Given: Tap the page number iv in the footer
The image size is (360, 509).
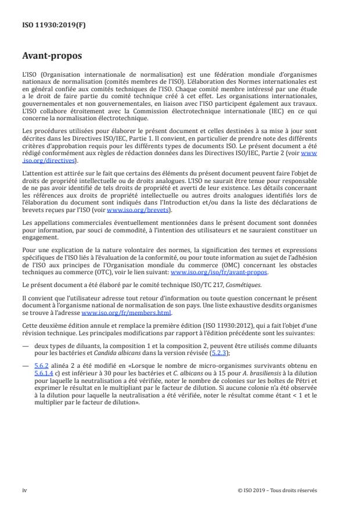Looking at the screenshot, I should pos(24,490).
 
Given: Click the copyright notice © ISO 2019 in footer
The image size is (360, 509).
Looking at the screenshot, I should pos(278,490).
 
